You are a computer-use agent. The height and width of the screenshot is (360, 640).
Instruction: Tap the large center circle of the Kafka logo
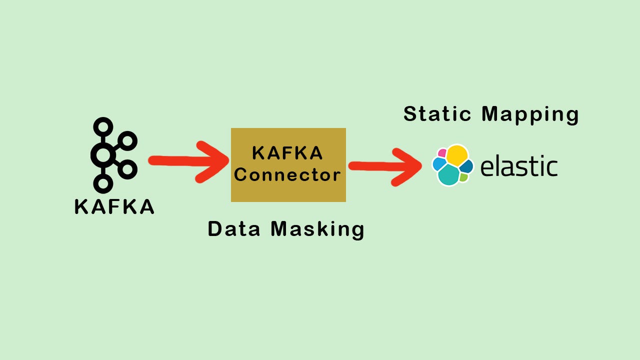coord(103,155)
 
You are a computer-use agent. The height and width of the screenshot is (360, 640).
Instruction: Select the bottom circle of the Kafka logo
coord(103,183)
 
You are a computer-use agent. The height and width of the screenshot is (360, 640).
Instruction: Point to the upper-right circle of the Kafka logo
coord(128,141)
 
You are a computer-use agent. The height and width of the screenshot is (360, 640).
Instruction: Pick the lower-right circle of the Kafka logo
coord(128,169)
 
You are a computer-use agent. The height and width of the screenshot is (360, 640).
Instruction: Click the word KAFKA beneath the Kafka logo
coord(114,206)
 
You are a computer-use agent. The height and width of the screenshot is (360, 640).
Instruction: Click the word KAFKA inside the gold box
coord(287,153)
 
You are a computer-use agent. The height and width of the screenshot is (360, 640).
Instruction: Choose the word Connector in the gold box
coord(287,175)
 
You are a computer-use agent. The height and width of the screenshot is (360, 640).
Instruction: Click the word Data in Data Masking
coord(234,229)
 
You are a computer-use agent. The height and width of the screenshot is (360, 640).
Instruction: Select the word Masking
coord(317,229)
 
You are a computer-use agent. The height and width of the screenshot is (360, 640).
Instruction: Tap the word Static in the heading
coord(437,114)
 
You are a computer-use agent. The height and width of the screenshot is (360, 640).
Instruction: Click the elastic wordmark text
coord(518,166)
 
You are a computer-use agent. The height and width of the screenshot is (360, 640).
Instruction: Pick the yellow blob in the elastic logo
coord(456,155)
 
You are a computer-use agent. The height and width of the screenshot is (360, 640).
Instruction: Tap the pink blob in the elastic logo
coord(442,153)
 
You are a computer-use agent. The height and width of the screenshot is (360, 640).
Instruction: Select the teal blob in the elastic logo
coord(448,175)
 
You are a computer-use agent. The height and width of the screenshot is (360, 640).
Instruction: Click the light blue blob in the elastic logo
coord(439,164)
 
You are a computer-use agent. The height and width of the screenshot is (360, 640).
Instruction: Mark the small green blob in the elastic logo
coord(464,177)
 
